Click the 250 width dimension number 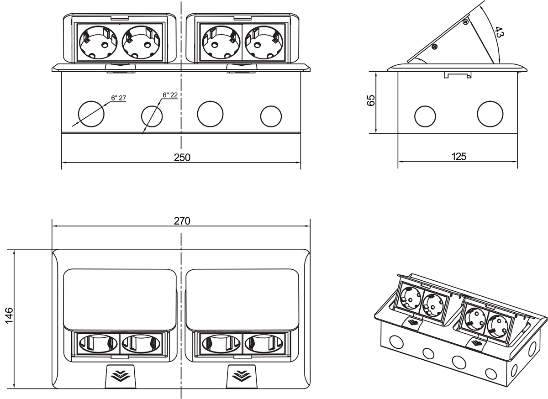[x=182, y=157]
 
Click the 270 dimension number [x=182, y=221]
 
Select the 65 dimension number [x=371, y=100]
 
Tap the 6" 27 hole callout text [x=118, y=98]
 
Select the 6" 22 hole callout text [x=170, y=95]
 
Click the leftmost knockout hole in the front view [x=91, y=114]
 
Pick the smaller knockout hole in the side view [x=425, y=116]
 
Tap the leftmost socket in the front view [x=97, y=42]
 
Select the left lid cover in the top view [x=120, y=299]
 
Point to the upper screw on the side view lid [x=465, y=21]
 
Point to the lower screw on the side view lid [x=434, y=46]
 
